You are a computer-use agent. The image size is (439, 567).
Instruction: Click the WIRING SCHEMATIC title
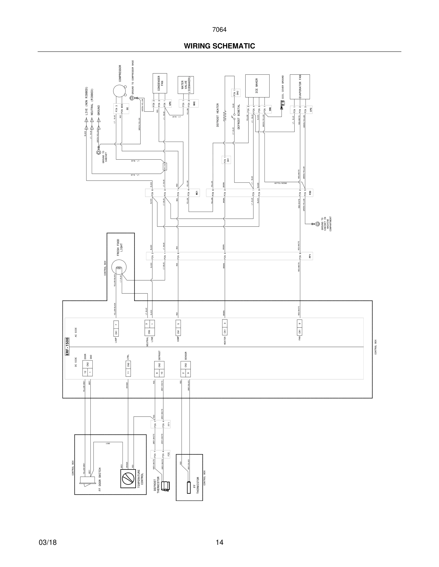click(219, 46)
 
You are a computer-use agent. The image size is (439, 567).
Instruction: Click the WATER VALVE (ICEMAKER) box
click(186, 85)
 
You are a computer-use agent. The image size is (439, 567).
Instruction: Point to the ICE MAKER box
click(257, 86)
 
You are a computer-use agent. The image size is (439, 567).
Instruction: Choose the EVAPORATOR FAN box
click(300, 87)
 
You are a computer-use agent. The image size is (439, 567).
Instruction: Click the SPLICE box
click(165, 167)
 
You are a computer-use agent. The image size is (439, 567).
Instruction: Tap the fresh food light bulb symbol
click(119, 268)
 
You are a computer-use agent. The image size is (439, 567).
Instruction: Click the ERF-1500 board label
click(67, 346)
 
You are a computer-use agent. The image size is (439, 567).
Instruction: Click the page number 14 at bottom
click(219, 542)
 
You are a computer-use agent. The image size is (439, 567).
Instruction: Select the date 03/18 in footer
click(48, 542)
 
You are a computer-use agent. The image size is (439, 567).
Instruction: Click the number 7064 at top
click(219, 30)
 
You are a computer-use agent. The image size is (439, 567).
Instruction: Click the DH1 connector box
click(226, 160)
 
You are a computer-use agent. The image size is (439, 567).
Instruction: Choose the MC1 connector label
click(197, 193)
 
